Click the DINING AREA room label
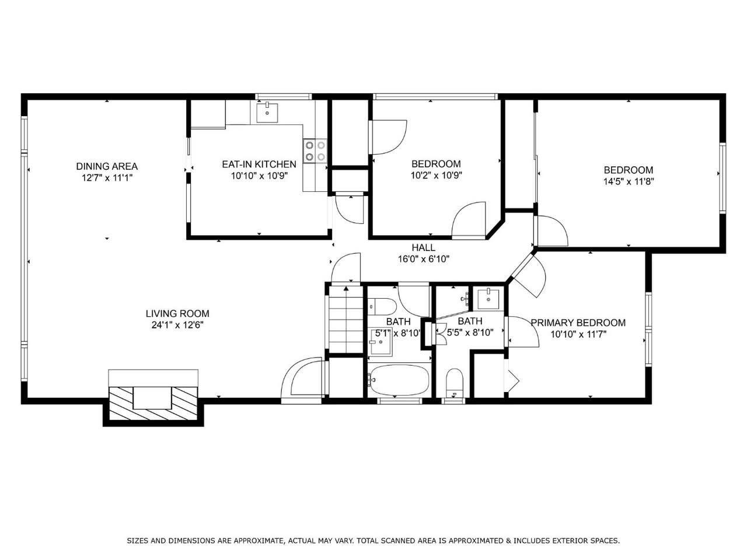coord(107,166)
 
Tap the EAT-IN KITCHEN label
coord(259,164)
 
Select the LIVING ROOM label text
coord(177,313)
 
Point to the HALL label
coord(423,247)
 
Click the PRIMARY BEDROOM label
coord(578,323)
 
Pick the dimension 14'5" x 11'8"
coord(629,181)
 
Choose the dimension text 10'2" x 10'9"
coord(437,175)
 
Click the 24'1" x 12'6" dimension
coord(177,325)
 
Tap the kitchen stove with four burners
coord(315,150)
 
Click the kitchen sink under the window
coord(267,112)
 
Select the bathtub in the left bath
coord(399,380)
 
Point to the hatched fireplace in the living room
coord(153,402)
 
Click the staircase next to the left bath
coord(345,320)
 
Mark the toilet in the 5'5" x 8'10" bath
coord(454,383)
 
